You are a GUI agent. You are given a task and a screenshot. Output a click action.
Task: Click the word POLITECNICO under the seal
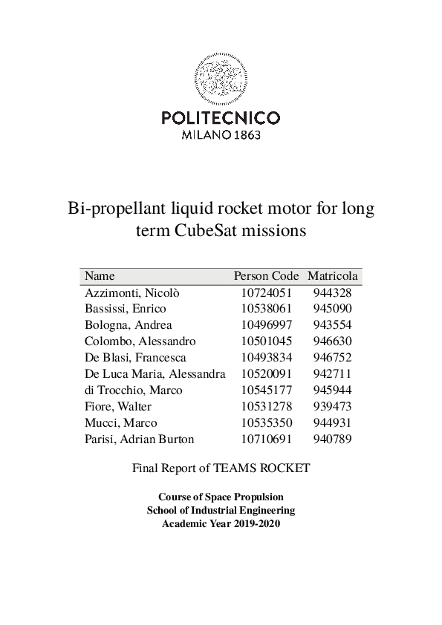(221, 117)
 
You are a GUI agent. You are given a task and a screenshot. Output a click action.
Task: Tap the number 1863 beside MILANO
(247, 136)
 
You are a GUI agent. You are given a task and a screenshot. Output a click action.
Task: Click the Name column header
(100, 275)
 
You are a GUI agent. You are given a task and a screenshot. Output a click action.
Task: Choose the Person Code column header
(266, 275)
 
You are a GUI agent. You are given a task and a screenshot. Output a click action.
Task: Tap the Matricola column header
(333, 275)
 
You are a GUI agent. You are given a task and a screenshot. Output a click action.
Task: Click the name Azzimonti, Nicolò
(132, 292)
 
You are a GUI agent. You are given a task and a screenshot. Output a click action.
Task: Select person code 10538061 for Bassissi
(266, 309)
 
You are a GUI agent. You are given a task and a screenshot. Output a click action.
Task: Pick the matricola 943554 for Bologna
(333, 325)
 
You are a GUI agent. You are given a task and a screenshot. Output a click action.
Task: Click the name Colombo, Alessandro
(140, 341)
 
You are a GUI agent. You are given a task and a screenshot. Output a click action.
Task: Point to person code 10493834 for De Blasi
(266, 358)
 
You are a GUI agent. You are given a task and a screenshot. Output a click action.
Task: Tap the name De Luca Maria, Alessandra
(155, 374)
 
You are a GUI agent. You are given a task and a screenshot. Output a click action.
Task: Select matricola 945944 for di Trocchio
(333, 390)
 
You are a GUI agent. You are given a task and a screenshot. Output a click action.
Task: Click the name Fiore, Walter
(118, 407)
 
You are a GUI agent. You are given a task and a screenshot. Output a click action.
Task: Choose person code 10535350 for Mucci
(266, 423)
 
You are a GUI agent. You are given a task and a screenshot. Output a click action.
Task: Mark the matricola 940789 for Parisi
(333, 439)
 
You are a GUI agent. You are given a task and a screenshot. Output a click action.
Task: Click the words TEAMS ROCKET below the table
(261, 468)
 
